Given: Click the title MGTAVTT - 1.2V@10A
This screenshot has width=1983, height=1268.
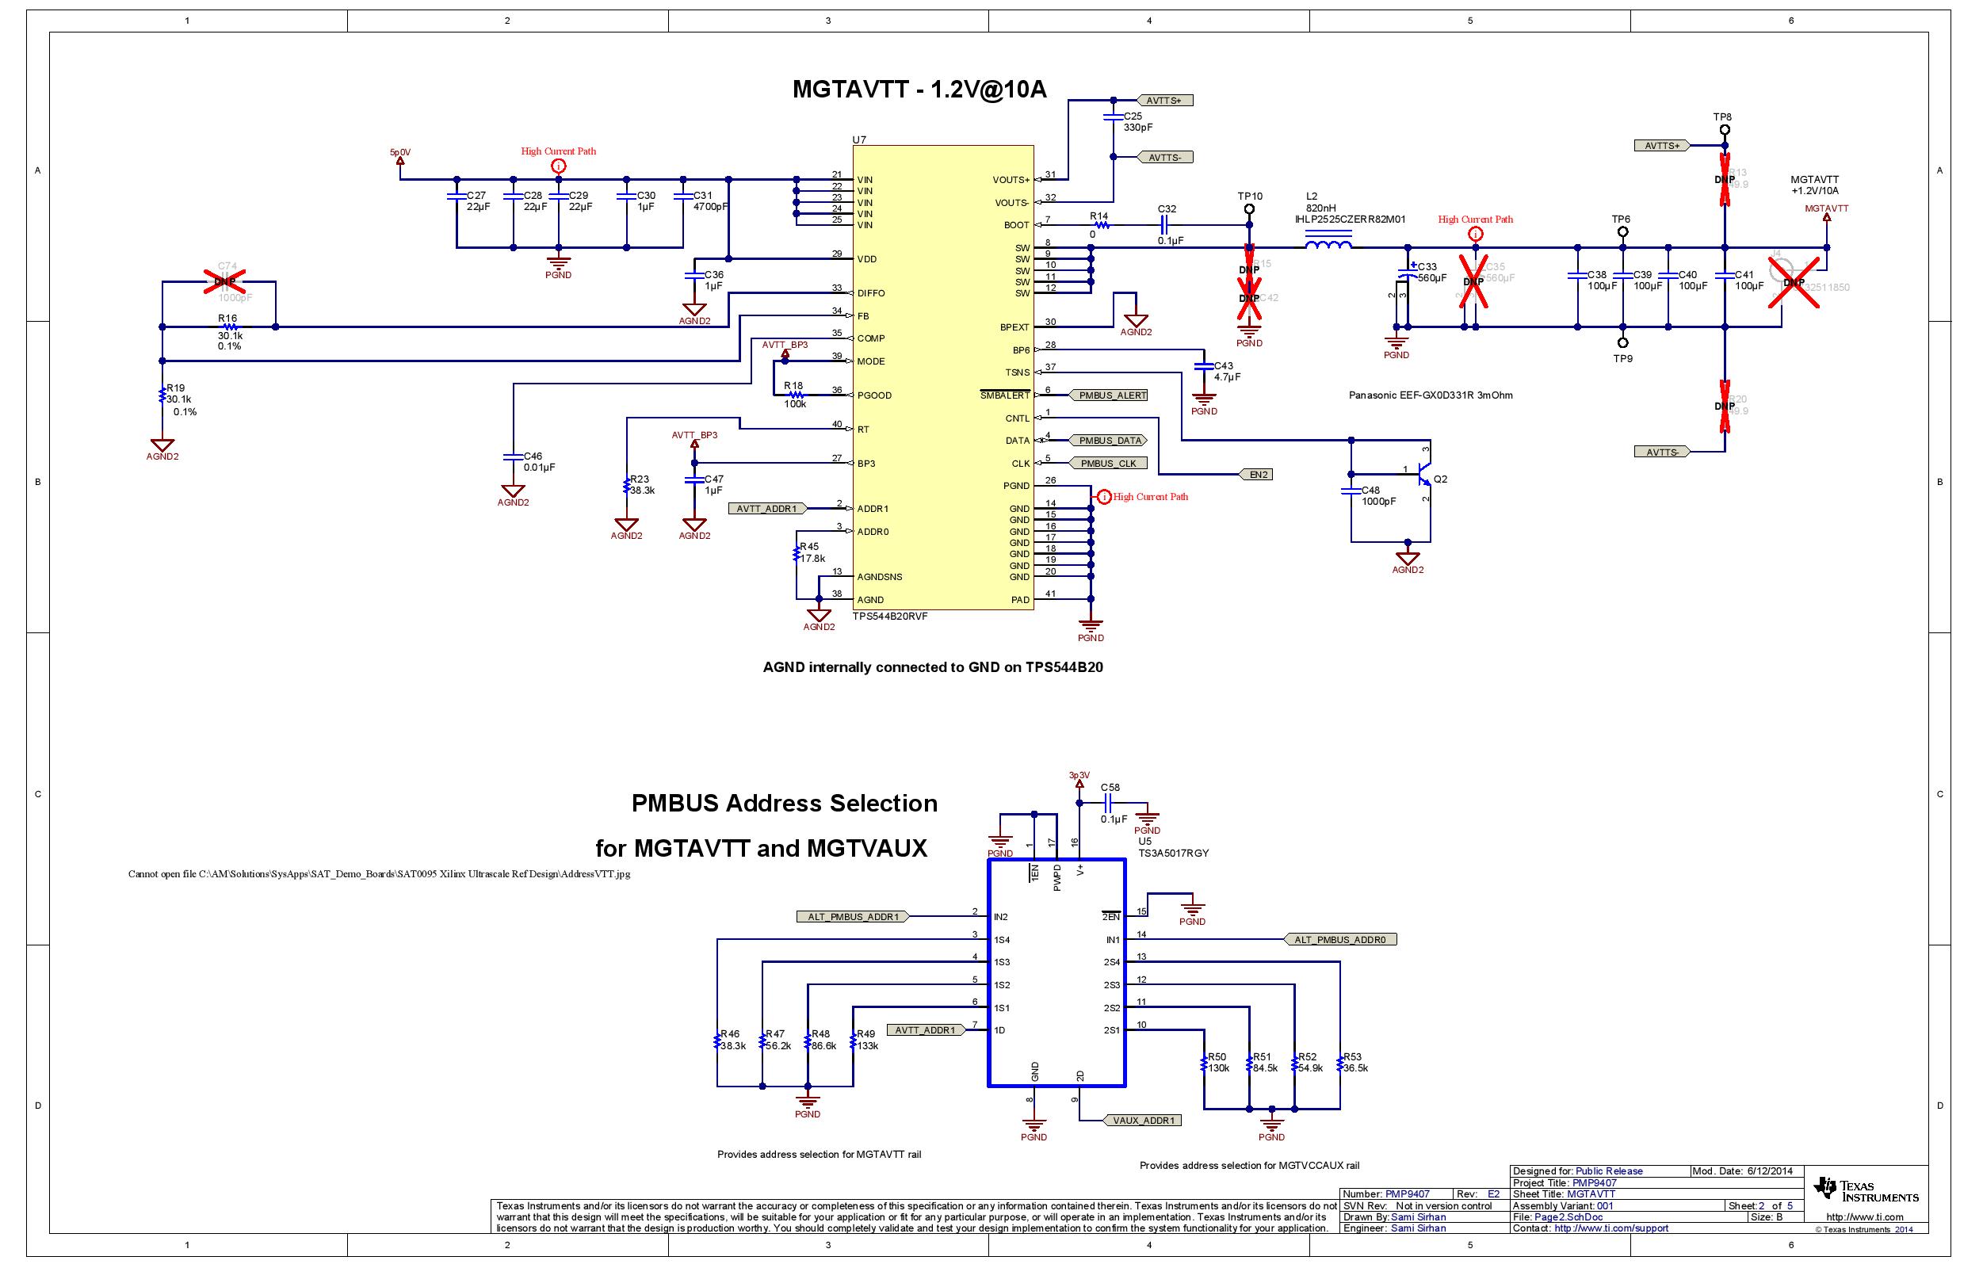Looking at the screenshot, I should (x=919, y=89).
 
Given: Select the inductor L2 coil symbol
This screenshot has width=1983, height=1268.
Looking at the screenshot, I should (x=1328, y=245).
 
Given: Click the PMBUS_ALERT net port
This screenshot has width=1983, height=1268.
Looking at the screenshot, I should (x=1112, y=395).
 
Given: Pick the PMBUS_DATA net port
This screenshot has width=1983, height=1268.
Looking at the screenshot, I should (x=1110, y=441).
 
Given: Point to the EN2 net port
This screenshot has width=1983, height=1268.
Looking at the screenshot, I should (x=1258, y=474).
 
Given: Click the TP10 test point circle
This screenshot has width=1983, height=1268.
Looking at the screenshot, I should (x=1249, y=209).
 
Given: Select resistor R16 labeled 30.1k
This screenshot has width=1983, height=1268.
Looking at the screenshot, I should (x=230, y=327).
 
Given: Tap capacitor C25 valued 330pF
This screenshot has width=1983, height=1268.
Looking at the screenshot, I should (x=1113, y=118).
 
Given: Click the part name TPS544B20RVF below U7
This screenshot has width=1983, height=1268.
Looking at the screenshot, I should (x=889, y=616).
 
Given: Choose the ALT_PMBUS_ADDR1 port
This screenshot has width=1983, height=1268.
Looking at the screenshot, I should (x=852, y=916).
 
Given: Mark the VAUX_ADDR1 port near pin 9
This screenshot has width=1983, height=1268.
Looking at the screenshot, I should (x=1144, y=1121).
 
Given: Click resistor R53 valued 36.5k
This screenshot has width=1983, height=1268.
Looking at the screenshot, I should (x=1340, y=1063).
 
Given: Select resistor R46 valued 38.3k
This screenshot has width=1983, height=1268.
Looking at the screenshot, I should (x=717, y=1041).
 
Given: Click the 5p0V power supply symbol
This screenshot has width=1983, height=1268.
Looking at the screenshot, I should (x=400, y=160).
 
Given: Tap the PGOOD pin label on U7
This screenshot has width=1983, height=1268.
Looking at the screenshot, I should (x=873, y=395).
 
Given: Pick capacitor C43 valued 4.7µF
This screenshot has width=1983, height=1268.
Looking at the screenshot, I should (x=1203, y=365).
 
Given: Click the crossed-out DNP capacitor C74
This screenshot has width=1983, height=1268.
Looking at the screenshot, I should (x=226, y=281).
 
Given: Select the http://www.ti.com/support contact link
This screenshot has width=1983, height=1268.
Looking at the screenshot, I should (x=1610, y=1228).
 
